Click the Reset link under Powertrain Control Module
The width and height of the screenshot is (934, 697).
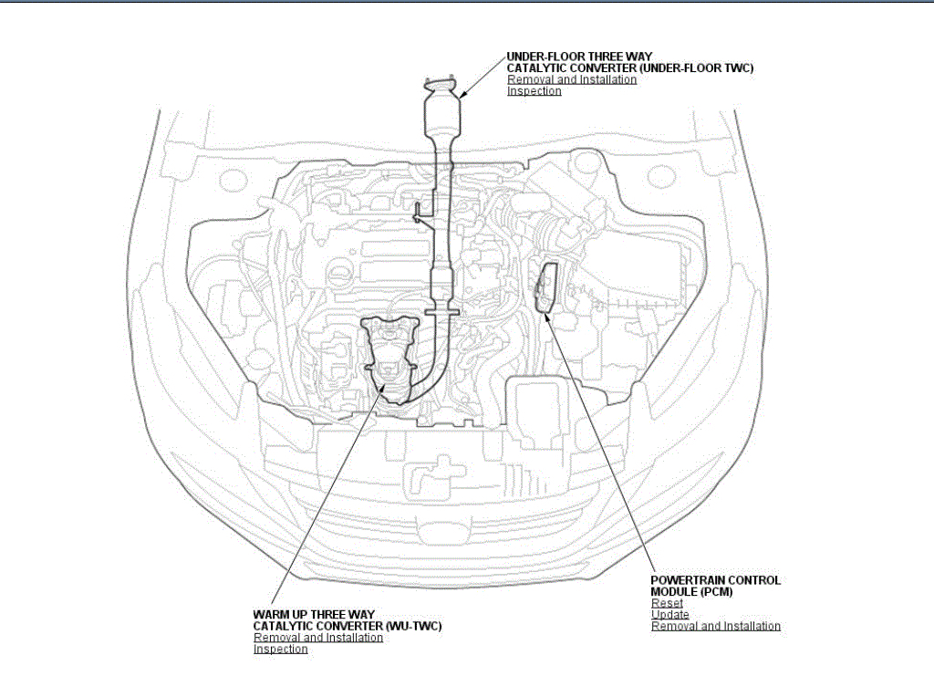[x=667, y=603]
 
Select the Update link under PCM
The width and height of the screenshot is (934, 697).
[x=669, y=615]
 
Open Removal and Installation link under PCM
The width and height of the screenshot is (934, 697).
[x=715, y=626]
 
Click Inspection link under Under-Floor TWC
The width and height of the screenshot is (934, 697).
[x=534, y=91]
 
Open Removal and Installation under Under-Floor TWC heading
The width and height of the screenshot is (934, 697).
[x=571, y=79]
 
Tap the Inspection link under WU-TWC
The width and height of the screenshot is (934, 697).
[x=280, y=649]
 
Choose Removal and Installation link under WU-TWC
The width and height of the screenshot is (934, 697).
[x=317, y=638]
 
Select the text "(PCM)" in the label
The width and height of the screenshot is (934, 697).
[x=717, y=592]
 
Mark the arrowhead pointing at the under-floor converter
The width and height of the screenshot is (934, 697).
[x=461, y=95]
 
